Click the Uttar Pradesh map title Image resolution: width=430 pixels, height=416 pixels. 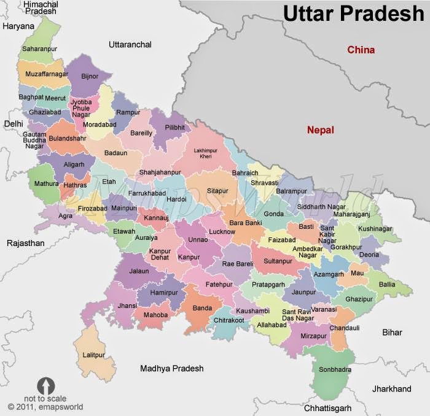pos(353,13)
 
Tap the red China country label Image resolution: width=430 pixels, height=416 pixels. pos(361,50)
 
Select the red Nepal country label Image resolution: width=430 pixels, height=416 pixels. pos(321,130)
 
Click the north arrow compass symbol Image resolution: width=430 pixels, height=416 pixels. pos(46,385)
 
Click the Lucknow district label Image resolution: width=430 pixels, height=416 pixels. pos(222,232)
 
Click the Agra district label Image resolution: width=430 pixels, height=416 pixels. pos(65,216)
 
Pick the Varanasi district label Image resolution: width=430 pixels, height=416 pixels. pos(324,310)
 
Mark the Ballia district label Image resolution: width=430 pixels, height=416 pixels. pos(387,285)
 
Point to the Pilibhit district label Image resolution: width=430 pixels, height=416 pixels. pos(175,126)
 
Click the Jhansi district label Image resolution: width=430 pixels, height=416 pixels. pos(127,305)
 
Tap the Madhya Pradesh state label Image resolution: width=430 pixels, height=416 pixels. pos(171,369)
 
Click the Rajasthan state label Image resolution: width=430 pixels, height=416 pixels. pos(25,244)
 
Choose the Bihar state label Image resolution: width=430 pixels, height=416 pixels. pos(392,333)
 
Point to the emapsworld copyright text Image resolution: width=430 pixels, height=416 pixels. pos(45,406)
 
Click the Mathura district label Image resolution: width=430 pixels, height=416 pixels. pos(47,183)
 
